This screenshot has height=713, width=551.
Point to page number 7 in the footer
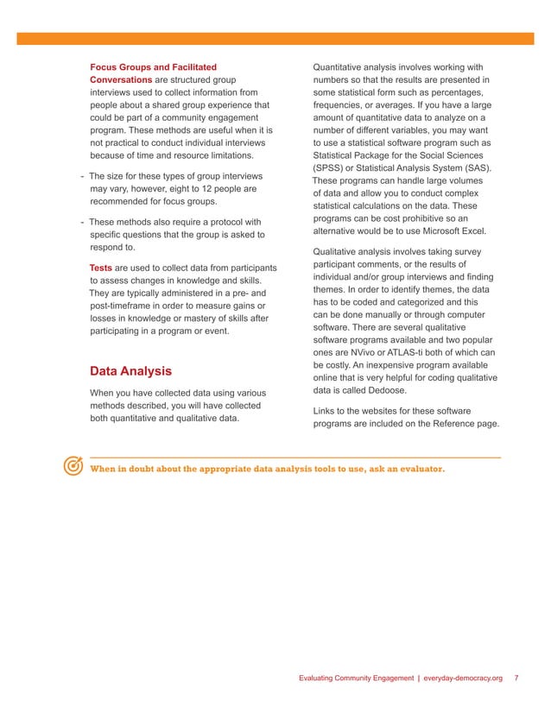(x=516, y=678)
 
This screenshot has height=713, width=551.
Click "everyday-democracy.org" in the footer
(x=465, y=678)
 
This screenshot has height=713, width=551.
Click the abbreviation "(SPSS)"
(x=333, y=168)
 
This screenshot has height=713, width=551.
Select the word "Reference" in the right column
(x=447, y=424)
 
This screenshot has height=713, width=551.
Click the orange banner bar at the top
(x=275, y=39)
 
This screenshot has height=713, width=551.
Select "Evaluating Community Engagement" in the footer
(x=356, y=678)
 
